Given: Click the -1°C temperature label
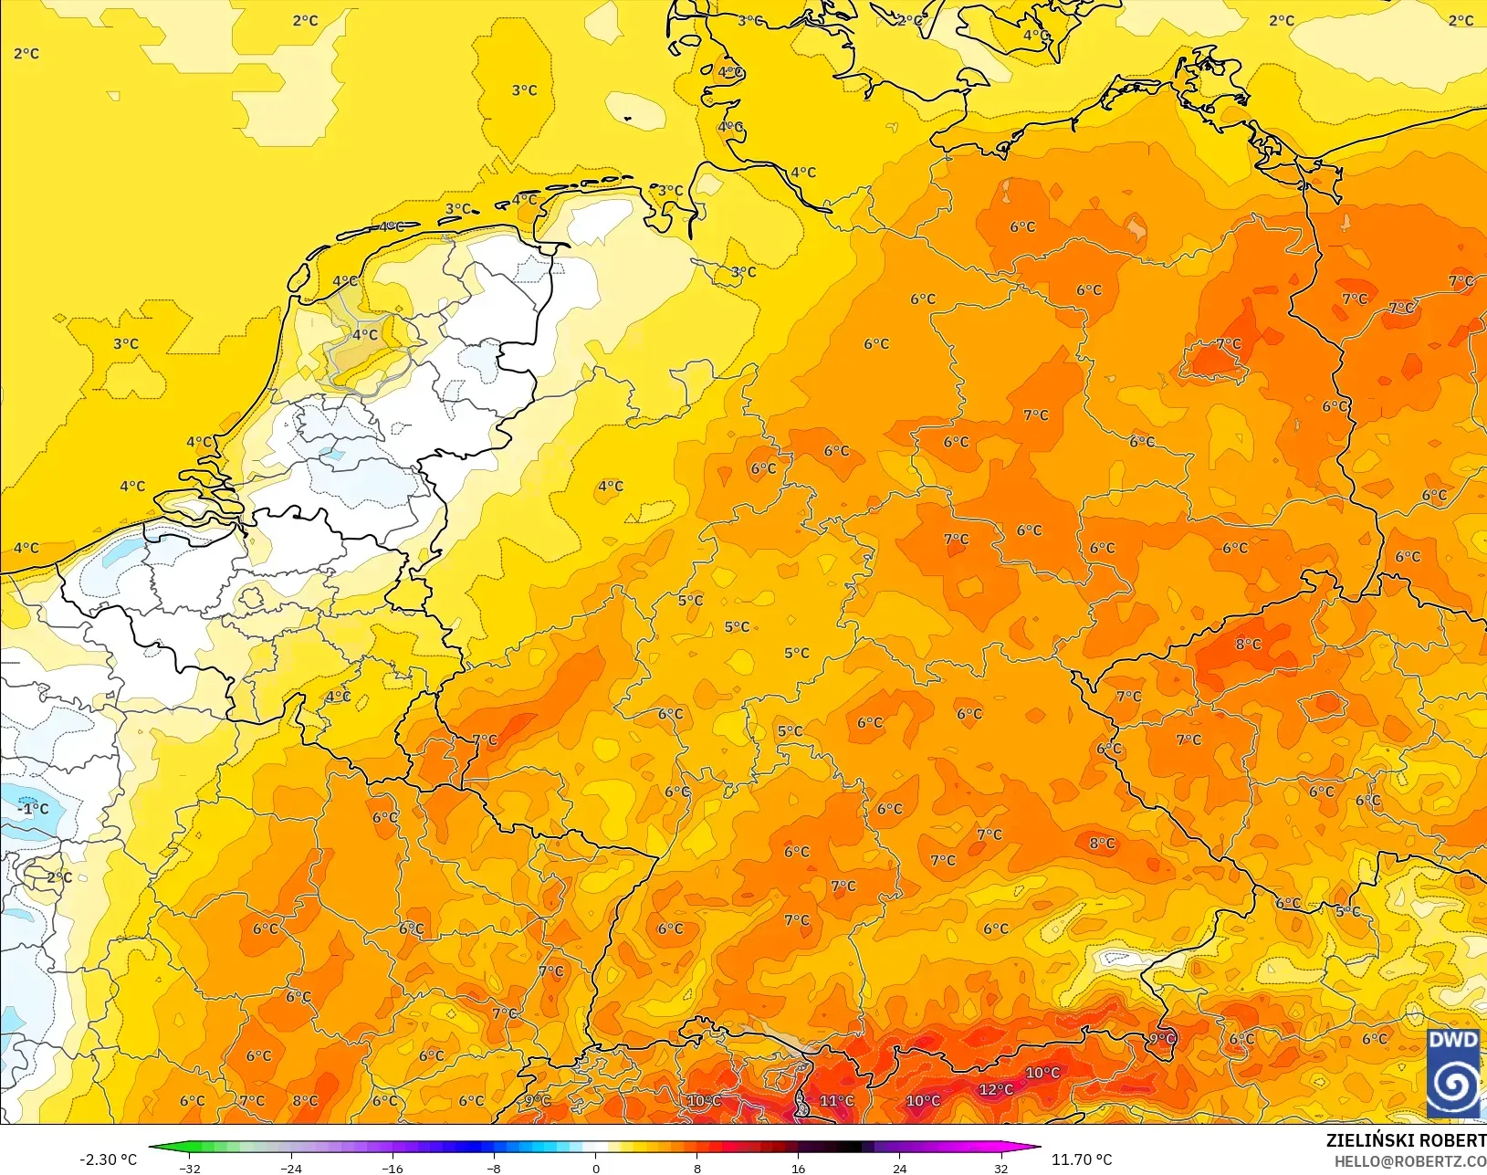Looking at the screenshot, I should [34, 809].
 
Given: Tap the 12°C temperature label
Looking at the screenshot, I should [996, 1089].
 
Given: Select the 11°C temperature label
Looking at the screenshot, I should [836, 1101].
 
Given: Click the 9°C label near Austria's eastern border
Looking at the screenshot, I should [1162, 1039].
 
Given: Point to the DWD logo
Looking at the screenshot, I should [1453, 1073].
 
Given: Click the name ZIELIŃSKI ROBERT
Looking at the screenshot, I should [1406, 1141].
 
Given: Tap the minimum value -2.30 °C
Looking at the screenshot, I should [108, 1159].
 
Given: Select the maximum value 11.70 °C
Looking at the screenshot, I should [1082, 1159].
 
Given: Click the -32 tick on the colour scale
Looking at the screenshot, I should [190, 1169].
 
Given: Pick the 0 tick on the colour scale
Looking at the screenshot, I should [596, 1169].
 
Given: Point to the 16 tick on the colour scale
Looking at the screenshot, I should [799, 1169].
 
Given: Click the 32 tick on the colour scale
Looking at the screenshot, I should [1001, 1169].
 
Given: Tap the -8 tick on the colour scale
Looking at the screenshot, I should [494, 1169].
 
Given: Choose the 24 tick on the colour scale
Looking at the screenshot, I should [900, 1169].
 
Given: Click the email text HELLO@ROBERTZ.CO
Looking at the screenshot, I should [1410, 1161].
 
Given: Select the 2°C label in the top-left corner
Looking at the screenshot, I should [26, 54].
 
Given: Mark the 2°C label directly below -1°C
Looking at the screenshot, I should [59, 877].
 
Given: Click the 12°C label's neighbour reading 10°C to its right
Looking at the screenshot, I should [1042, 1073].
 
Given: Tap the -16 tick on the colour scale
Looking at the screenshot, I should [393, 1169].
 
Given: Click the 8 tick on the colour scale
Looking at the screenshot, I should [697, 1169].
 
